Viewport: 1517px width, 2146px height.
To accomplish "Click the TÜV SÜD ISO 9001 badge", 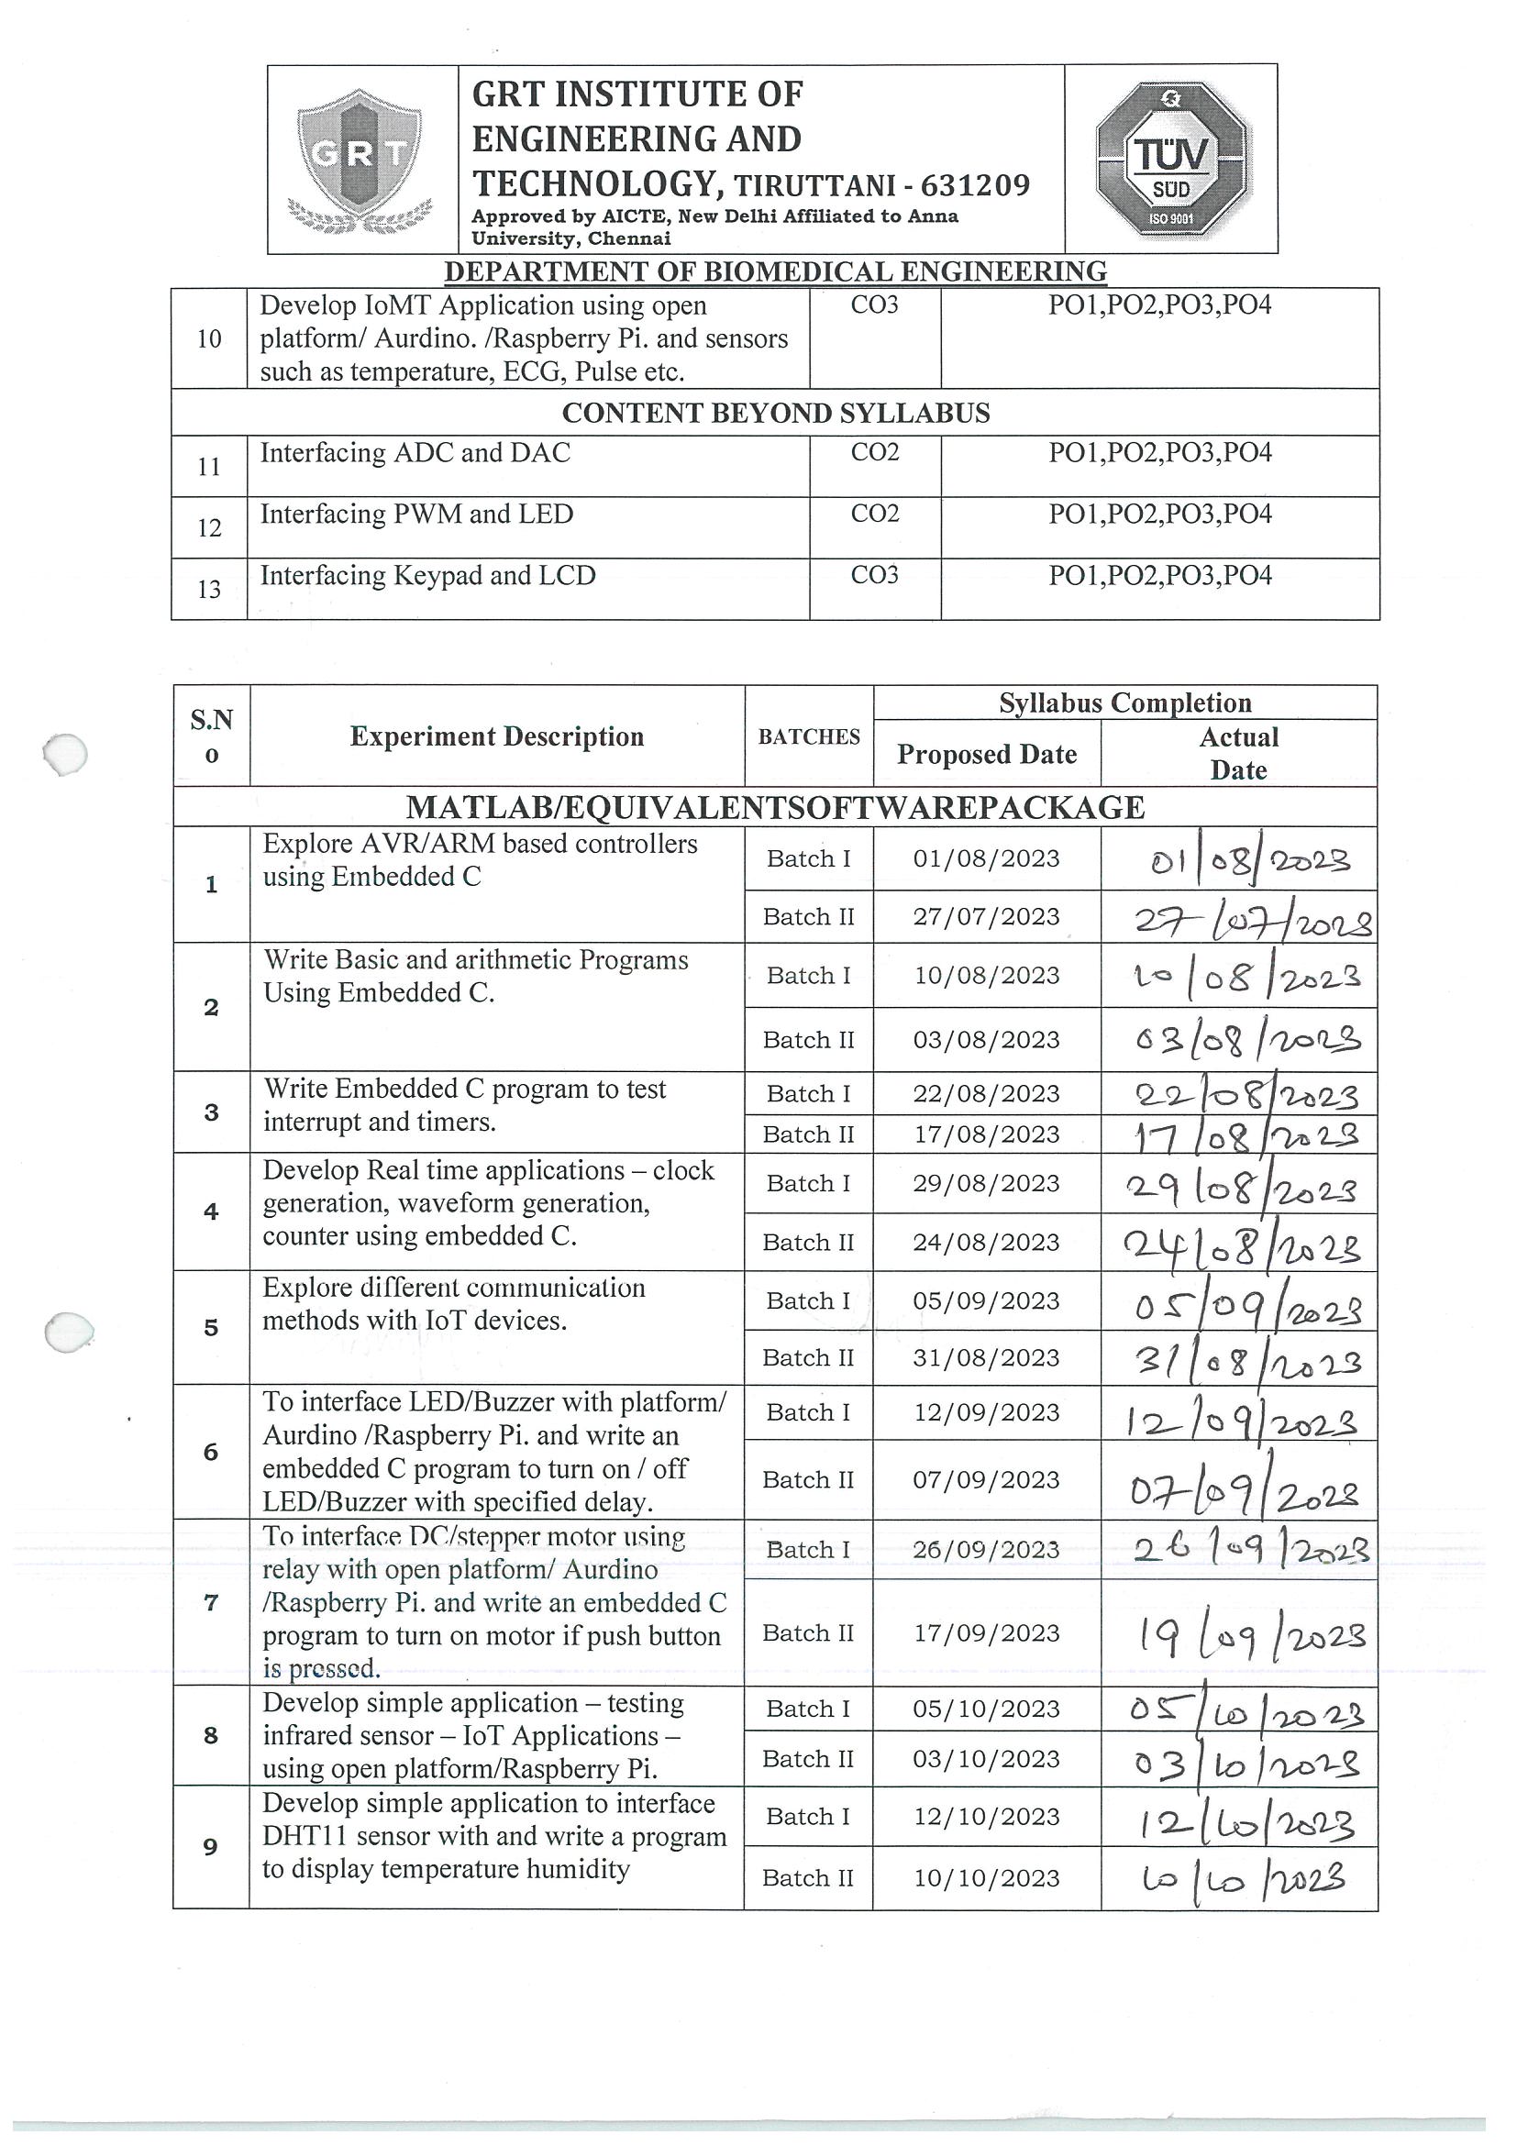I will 1171,159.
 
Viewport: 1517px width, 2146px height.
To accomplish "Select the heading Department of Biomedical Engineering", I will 775,271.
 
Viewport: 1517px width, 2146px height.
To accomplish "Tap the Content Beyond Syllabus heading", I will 775,413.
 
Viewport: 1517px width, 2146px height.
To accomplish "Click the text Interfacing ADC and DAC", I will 415,453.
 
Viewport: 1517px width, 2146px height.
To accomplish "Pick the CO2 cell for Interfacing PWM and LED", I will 875,514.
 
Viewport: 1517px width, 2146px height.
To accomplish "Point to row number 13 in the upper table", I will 209,590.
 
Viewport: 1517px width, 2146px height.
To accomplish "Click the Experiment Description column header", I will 496,736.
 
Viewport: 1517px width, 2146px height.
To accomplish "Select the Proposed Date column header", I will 986,754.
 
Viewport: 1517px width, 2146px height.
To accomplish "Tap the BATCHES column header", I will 809,736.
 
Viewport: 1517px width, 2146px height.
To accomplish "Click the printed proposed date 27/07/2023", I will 986,917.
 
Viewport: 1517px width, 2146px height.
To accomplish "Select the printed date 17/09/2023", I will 986,1632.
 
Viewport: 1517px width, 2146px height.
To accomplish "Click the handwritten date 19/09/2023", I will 1251,1636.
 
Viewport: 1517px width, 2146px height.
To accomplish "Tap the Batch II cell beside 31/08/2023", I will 809,1357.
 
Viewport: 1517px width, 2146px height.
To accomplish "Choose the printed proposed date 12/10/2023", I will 986,1816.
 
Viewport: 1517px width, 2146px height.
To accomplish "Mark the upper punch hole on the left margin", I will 65,753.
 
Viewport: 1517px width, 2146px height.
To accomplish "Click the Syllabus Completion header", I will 1124,702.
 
